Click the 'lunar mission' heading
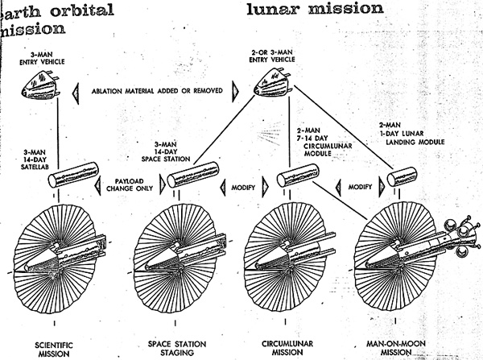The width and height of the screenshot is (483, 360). point(315,9)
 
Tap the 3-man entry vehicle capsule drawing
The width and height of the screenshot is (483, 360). point(41,85)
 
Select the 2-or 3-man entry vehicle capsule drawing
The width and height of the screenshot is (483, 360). point(273,82)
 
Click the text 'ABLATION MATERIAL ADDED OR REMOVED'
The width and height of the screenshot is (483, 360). point(157,91)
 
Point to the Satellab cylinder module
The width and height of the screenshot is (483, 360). point(73,175)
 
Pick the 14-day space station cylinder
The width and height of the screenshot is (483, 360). point(193,175)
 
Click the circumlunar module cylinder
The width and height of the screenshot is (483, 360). point(298,175)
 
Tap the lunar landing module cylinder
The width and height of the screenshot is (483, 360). point(402,176)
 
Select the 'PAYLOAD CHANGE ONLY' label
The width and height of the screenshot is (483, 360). point(130,184)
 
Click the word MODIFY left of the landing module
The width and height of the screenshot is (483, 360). point(360,187)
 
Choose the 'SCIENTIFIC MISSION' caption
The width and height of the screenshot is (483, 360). point(54,350)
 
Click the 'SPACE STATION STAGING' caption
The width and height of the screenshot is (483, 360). point(177,348)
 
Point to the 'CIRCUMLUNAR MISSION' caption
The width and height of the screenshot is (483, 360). point(287,348)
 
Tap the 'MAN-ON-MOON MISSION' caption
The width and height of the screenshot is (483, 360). point(396,348)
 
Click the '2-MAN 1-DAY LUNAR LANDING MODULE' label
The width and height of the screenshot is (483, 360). point(411,134)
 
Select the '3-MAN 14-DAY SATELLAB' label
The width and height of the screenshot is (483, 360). point(34,159)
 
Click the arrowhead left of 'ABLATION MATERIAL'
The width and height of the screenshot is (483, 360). point(76,93)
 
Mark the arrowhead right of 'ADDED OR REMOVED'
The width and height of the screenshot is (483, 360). point(235,92)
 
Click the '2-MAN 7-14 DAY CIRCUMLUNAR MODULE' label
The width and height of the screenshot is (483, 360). point(324,142)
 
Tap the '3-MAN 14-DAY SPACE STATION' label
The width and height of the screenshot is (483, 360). point(166,152)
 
